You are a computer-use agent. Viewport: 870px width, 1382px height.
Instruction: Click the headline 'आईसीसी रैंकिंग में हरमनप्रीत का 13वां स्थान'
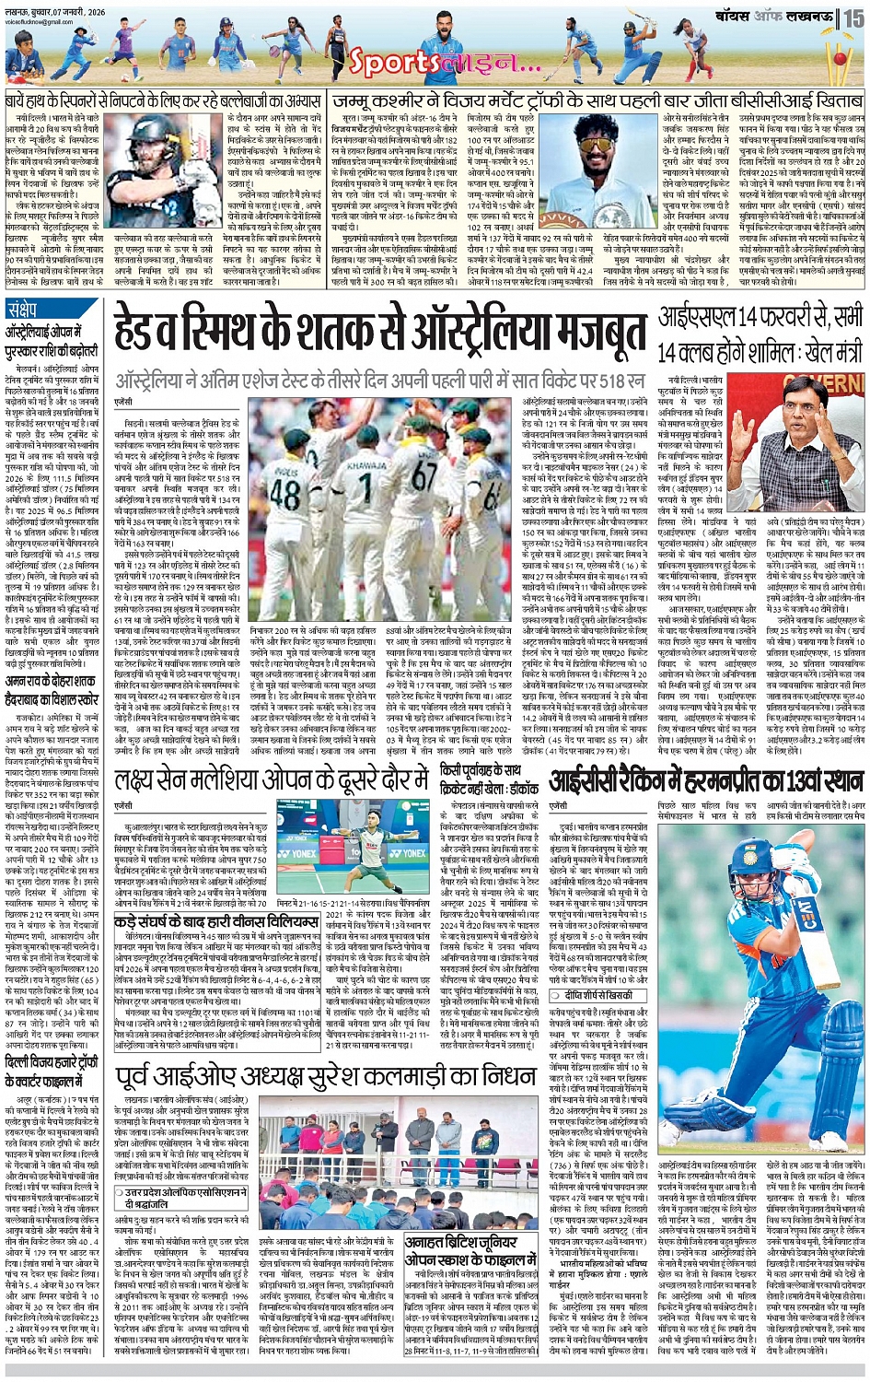[706, 782]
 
